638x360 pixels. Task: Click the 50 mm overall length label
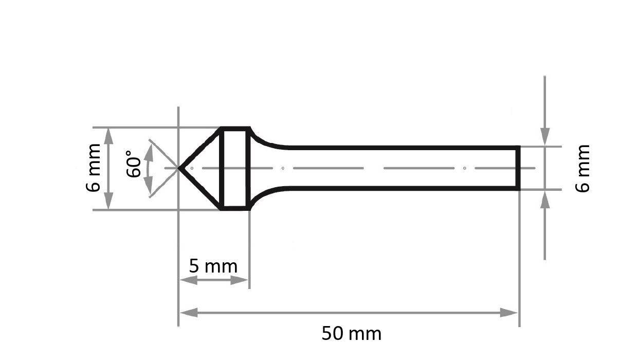pyautogui.click(x=351, y=334)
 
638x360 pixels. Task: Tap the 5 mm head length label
pyautogui.click(x=213, y=266)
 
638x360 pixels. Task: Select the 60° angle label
pyautogui.click(x=133, y=164)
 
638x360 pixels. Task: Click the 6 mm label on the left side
pyautogui.click(x=93, y=168)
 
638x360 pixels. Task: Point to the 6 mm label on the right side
pyautogui.click(x=582, y=169)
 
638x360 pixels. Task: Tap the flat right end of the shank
pyautogui.click(x=518, y=168)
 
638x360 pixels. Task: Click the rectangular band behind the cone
pyautogui.click(x=235, y=169)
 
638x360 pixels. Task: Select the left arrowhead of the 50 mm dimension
pyautogui.click(x=189, y=313)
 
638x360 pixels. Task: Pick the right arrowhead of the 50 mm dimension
pyautogui.click(x=508, y=313)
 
